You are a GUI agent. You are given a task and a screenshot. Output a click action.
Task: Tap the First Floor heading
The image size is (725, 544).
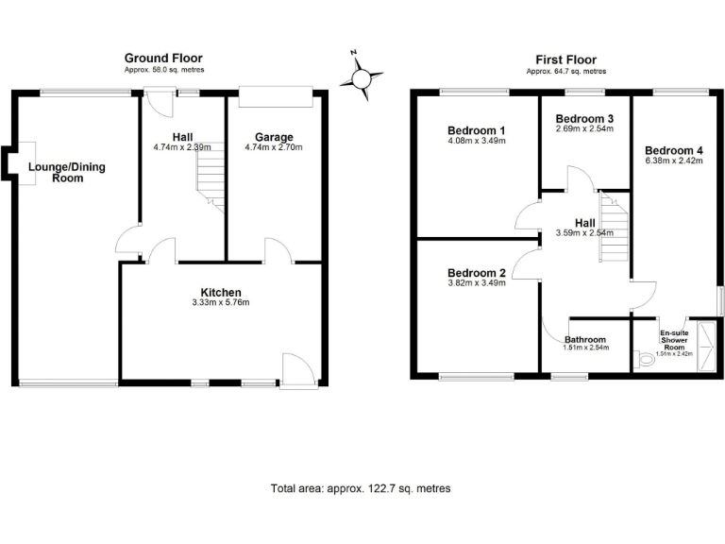[565, 59]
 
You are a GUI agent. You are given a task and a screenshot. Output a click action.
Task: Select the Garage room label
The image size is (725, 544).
[269, 137]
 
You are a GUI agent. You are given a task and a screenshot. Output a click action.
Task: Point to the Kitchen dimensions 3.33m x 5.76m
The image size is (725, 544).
[220, 303]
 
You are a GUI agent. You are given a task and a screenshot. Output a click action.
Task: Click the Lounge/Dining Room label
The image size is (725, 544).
[67, 172]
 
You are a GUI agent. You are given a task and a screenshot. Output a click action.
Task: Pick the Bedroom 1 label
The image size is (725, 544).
[477, 130]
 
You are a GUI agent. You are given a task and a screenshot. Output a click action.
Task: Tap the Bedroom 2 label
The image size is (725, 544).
[477, 273]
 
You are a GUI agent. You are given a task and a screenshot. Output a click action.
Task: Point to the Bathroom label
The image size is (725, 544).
[585, 340]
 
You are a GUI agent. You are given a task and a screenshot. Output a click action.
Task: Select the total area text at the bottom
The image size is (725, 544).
[361, 488]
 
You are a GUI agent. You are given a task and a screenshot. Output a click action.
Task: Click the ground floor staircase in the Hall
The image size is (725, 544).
[210, 181]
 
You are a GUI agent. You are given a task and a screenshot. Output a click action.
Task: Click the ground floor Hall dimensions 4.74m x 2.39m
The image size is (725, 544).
[182, 147]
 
